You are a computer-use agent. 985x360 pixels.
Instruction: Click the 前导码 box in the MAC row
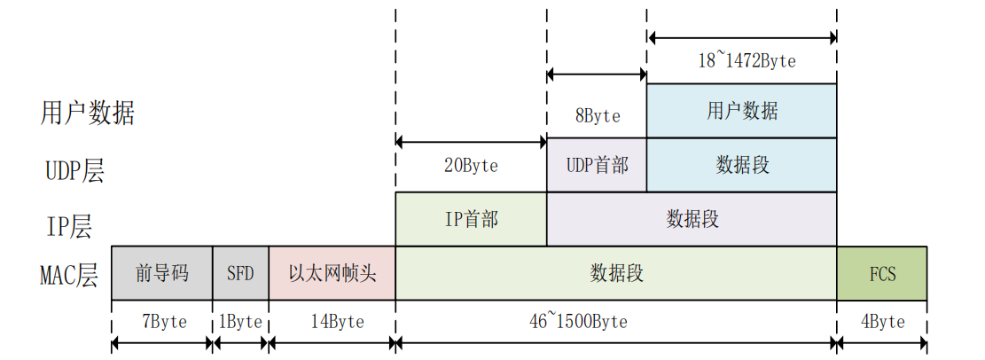pyautogui.click(x=161, y=273)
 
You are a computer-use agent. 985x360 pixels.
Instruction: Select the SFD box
pyautogui.click(x=240, y=273)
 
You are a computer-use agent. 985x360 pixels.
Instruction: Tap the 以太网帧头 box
pyautogui.click(x=332, y=273)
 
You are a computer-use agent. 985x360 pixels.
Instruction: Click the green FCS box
pyautogui.click(x=881, y=273)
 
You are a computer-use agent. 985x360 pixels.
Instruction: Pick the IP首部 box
pyautogui.click(x=471, y=219)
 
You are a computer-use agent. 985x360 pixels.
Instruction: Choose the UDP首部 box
pyautogui.click(x=597, y=165)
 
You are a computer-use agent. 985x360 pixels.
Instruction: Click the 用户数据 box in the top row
pyautogui.click(x=741, y=111)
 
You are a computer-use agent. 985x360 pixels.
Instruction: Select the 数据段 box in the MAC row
pyautogui.click(x=615, y=273)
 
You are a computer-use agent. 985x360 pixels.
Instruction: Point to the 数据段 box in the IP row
pyautogui.click(x=692, y=219)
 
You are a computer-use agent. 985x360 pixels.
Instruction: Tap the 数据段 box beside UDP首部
pyautogui.click(x=741, y=165)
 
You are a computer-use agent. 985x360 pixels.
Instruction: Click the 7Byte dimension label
pyautogui.click(x=161, y=321)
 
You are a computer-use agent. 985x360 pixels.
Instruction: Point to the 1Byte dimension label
pyautogui.click(x=240, y=321)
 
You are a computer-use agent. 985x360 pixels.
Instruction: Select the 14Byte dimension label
pyautogui.click(x=332, y=321)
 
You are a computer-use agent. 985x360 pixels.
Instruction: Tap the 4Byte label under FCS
pyautogui.click(x=881, y=321)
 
